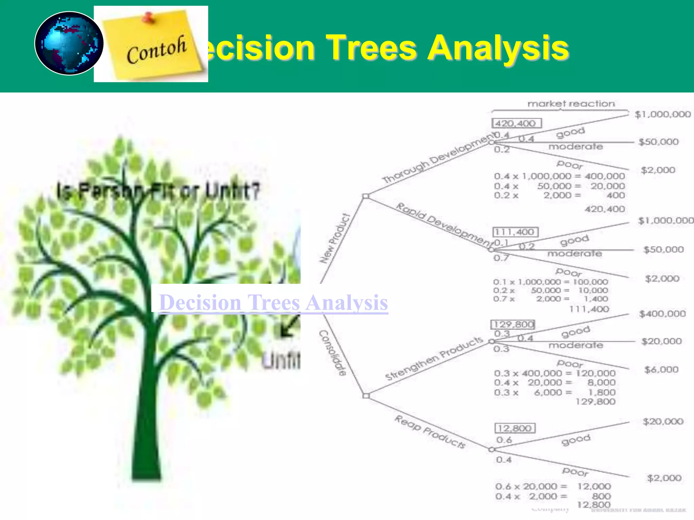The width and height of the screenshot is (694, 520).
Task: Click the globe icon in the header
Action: point(69,43)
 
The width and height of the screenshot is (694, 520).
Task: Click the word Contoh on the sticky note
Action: point(156,50)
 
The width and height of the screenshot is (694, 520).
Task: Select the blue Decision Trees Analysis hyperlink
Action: point(273,302)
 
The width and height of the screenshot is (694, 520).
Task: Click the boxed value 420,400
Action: point(516,123)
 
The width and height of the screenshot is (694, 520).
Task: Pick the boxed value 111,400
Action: point(515,232)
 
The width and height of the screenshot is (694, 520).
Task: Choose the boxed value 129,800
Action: point(513,325)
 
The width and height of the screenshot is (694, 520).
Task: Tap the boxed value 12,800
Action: point(515,428)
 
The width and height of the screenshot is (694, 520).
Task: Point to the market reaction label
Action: point(571,104)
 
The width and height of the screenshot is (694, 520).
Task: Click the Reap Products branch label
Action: point(430,432)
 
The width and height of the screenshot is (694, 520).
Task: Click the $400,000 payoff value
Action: point(662,314)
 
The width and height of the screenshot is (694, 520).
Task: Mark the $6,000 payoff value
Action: point(661,369)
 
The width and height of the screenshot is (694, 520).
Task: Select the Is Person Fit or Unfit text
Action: point(158,191)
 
